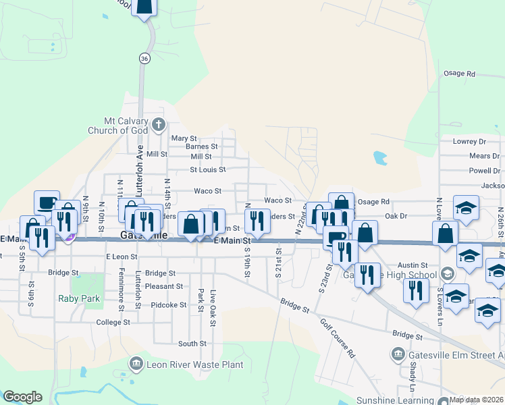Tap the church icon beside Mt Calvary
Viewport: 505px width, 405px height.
(x=159, y=124)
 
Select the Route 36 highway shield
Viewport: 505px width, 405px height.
(x=144, y=59)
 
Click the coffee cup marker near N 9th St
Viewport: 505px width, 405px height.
(x=47, y=202)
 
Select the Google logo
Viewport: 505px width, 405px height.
(x=22, y=397)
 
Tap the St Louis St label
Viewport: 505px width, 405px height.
(x=207, y=169)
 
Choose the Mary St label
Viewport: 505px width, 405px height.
(x=184, y=138)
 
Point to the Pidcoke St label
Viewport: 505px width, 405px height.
(x=169, y=305)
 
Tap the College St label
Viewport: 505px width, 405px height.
(x=113, y=323)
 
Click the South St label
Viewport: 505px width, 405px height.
(x=192, y=344)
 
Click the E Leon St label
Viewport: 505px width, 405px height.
(x=122, y=256)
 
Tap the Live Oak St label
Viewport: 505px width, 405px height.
(x=213, y=299)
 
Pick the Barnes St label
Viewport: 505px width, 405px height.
(x=201, y=146)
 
